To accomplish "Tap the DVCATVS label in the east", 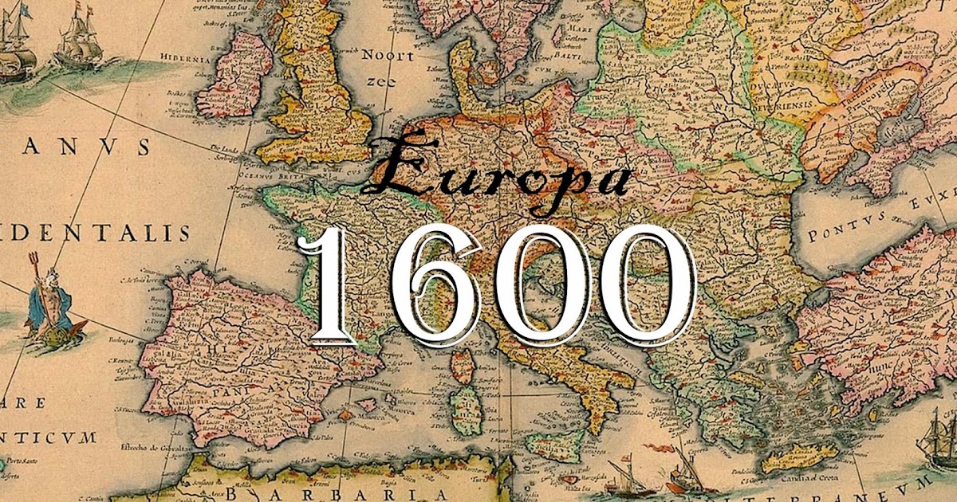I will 766,88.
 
